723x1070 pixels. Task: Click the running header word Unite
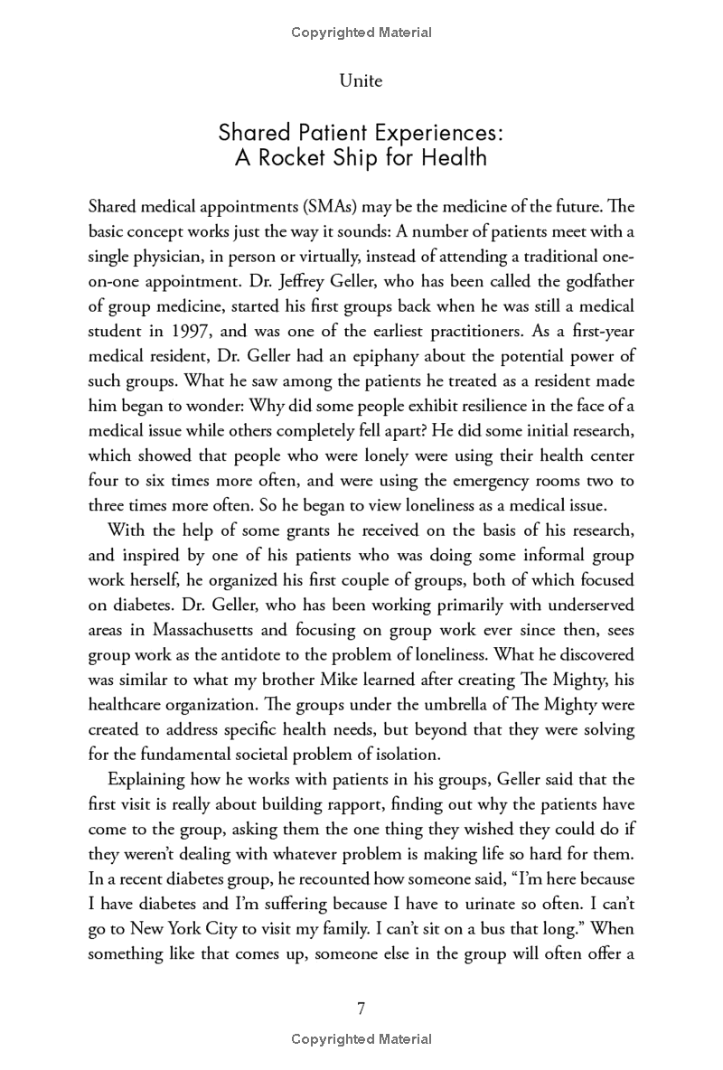361,81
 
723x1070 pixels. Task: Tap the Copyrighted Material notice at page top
361,33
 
